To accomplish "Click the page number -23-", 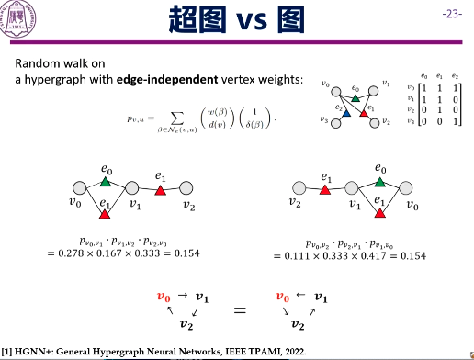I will point(452,15).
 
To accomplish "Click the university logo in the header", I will point(21,17).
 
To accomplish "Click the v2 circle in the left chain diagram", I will point(188,189).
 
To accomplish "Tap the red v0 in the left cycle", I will point(164,298).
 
